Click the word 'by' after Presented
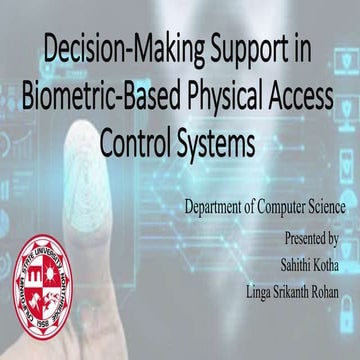pyautogui.click(x=336, y=239)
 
